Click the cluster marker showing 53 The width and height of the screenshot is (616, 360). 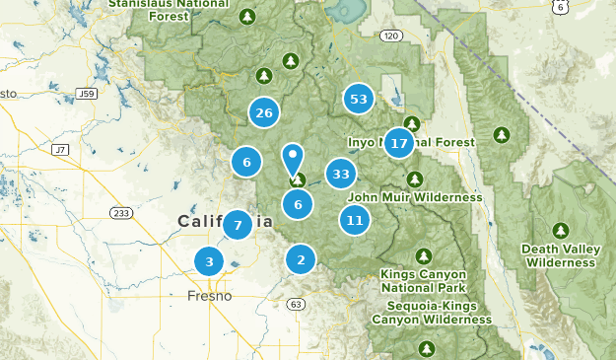[x=359, y=99]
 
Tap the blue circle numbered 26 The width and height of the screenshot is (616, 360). [x=263, y=112]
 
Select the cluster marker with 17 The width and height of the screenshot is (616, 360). [x=399, y=144]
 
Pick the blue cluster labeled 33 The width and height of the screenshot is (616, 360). [x=341, y=175]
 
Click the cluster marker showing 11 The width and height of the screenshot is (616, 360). [x=355, y=220]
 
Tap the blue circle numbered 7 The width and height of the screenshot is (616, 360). [x=238, y=225]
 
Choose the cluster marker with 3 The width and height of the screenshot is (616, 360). [x=209, y=261]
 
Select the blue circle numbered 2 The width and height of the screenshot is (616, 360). [x=301, y=259]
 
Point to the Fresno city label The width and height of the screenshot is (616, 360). [x=209, y=296]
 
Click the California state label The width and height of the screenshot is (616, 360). [x=225, y=222]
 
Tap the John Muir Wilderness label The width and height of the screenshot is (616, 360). [x=415, y=197]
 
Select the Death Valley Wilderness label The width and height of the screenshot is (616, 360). [x=560, y=255]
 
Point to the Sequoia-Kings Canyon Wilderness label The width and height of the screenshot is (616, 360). [x=432, y=313]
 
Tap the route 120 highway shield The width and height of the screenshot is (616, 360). [x=391, y=36]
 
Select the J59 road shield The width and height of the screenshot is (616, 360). [x=86, y=94]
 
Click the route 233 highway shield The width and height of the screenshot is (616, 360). [x=121, y=213]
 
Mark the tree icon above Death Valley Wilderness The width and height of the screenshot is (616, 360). [x=561, y=231]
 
